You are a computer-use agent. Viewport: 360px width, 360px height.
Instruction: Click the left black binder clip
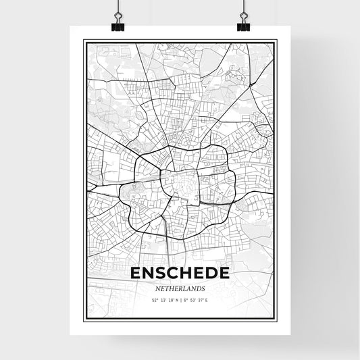coord(118,24)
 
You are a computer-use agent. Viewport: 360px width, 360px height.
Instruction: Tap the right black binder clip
coord(243,24)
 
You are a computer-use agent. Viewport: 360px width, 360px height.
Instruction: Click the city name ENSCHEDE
coord(180,273)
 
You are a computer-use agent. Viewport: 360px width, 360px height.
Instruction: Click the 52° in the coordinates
coord(155,300)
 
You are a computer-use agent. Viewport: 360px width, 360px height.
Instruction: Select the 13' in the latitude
coord(163,300)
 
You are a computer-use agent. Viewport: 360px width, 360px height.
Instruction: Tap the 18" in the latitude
coord(172,300)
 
